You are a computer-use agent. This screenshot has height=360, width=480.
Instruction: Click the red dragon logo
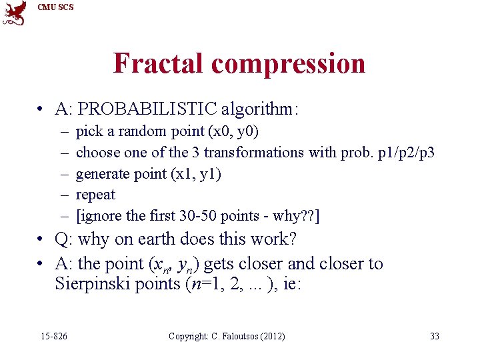pyautogui.click(x=15, y=13)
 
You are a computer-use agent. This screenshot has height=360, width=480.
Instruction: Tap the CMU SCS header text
pyautogui.click(x=55, y=7)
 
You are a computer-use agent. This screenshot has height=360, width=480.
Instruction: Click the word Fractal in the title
pyautogui.click(x=159, y=63)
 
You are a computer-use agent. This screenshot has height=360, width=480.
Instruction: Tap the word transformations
pyautogui.click(x=257, y=152)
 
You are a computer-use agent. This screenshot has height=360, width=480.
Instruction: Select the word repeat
pyautogui.click(x=95, y=195)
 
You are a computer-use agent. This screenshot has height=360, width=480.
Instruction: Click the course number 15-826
pyautogui.click(x=53, y=336)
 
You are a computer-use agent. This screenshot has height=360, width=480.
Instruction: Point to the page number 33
pyautogui.click(x=435, y=336)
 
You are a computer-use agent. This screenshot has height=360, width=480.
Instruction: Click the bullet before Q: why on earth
pyautogui.click(x=41, y=239)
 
